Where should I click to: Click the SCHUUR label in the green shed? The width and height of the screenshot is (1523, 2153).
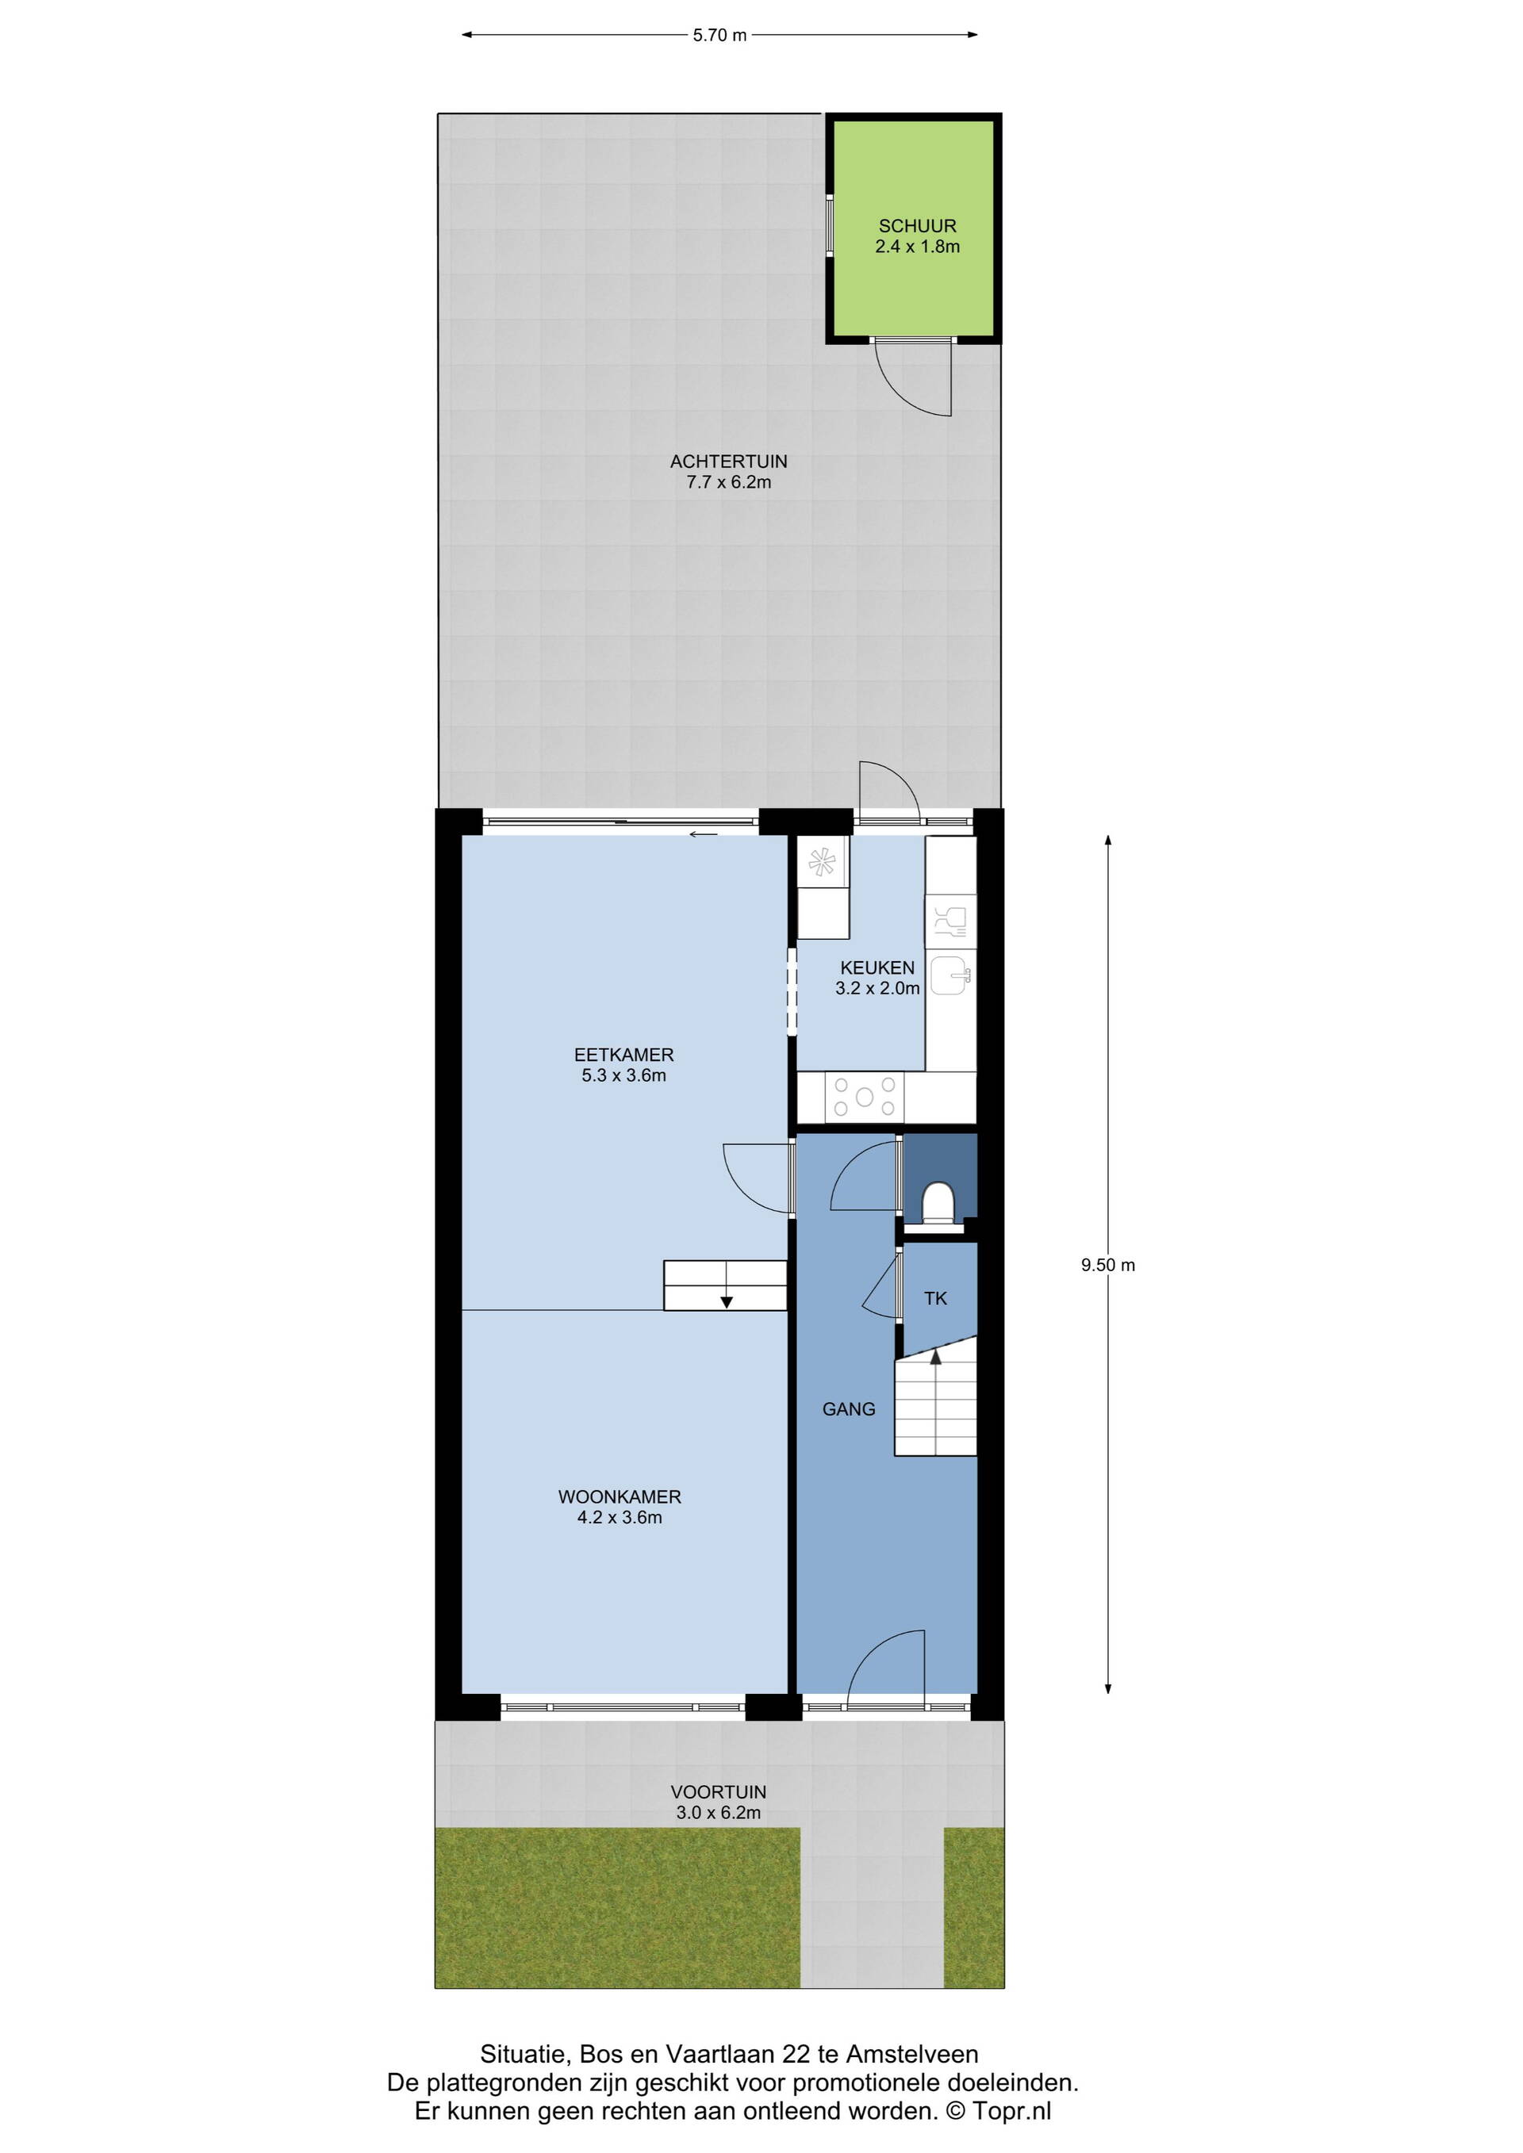tap(917, 226)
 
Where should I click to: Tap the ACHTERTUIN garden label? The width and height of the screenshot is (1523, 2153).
tap(729, 462)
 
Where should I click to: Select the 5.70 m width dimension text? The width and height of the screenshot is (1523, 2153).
tap(719, 36)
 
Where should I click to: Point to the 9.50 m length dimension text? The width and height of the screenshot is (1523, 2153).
tap(1107, 1265)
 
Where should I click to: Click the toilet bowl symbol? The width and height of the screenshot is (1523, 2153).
tap(938, 1203)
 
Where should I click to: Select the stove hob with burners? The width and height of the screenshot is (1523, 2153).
tap(865, 1096)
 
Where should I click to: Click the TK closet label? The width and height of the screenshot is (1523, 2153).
tap(935, 1299)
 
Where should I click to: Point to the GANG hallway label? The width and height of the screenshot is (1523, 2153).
tap(849, 1408)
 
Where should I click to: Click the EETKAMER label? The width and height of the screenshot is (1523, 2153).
tap(623, 1055)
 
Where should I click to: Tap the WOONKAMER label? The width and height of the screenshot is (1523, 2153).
tap(620, 1496)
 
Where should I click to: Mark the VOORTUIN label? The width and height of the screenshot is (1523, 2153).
tap(719, 1792)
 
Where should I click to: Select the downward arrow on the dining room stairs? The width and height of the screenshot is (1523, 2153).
tap(726, 1300)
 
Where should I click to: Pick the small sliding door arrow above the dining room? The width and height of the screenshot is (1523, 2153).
tap(704, 833)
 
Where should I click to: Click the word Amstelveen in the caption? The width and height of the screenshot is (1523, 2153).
tap(911, 2055)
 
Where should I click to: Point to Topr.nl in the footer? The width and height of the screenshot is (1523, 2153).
tap(1012, 2111)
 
